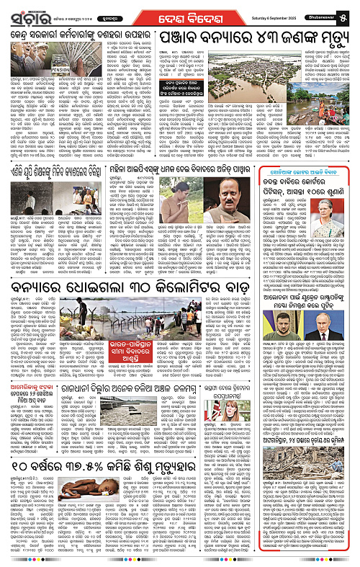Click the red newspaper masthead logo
coord(26,12)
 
